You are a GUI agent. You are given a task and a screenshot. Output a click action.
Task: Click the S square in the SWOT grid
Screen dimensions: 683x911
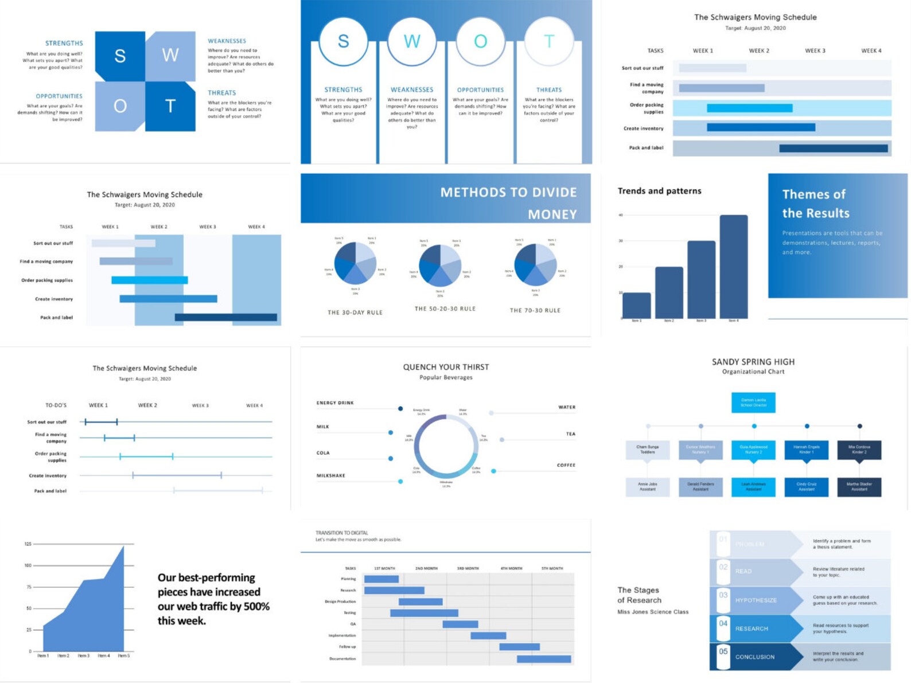click(120, 56)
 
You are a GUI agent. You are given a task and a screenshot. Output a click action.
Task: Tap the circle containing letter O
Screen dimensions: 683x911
click(480, 41)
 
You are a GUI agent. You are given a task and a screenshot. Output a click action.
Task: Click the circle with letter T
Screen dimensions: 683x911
click(549, 41)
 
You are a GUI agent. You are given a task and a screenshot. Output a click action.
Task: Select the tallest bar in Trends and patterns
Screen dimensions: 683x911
click(733, 267)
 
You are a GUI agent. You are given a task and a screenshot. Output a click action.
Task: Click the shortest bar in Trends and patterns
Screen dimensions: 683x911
click(636, 305)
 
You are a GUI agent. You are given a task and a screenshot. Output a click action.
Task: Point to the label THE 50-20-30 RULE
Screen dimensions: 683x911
click(445, 309)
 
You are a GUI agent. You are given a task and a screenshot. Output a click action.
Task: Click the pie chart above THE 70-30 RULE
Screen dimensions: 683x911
click(535, 264)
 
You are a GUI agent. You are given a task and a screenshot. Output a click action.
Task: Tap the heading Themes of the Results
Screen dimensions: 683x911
click(815, 204)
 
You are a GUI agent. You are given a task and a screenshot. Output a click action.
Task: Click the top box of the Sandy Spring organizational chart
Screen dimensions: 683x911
click(753, 402)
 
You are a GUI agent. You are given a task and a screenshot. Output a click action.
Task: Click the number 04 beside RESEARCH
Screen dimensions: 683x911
click(723, 623)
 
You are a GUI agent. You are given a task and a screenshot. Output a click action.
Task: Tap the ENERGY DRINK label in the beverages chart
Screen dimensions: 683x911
click(335, 403)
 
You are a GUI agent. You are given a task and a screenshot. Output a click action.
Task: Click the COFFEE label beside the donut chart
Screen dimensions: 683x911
click(566, 465)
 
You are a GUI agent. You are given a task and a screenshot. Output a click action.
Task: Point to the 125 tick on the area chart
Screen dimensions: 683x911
click(28, 544)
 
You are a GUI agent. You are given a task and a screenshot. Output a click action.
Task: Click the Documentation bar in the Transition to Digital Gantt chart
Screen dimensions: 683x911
click(544, 659)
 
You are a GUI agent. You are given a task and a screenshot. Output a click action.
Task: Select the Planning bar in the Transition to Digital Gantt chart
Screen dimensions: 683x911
click(381, 579)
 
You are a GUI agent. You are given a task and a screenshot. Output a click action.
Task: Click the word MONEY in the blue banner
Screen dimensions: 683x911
click(552, 214)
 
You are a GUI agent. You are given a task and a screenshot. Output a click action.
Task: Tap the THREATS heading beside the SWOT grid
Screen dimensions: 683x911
click(221, 93)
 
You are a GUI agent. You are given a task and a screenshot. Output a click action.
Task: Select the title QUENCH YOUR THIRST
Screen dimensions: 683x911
click(446, 367)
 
